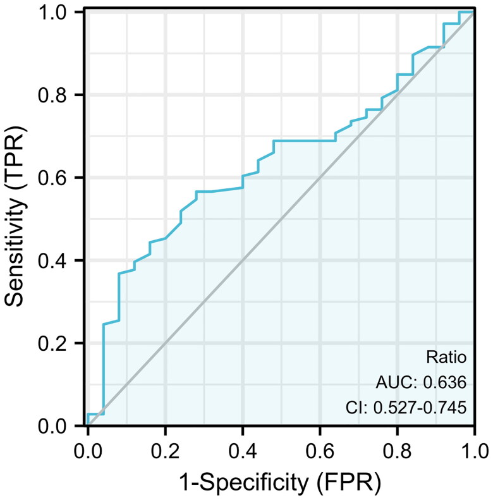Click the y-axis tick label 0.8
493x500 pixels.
coord(52,95)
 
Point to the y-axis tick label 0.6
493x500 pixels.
coord(52,178)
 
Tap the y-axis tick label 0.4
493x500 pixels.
coord(52,260)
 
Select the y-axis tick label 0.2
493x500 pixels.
coord(52,343)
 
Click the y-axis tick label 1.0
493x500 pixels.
coord(52,13)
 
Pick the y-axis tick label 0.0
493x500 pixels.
coord(52,426)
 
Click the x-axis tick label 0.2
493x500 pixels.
coord(165,451)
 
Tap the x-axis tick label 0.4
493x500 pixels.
coord(243,451)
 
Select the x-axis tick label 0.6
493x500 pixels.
coord(320,451)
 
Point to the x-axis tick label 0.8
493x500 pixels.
coord(398,451)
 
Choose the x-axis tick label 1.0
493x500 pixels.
coord(475,451)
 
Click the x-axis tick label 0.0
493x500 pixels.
coord(88,451)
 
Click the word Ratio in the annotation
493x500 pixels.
coord(446,357)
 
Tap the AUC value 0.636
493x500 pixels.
coord(444,382)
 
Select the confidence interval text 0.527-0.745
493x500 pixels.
coord(420,408)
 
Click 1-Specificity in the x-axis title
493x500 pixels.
coord(243,482)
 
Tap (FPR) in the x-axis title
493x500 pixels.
coord(349,483)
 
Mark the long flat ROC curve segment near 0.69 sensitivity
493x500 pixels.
coord(305,140)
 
